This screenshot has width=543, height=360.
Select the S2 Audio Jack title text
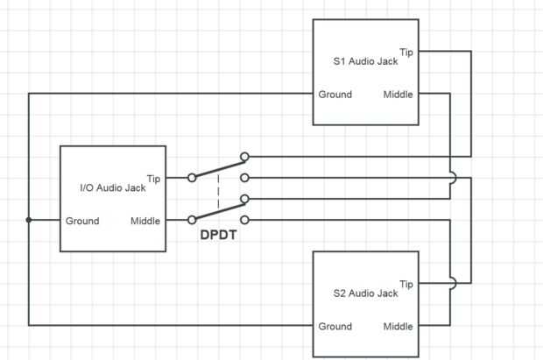[365, 293]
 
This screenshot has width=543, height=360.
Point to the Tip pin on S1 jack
[406, 52]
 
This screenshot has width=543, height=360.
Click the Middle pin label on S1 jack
[398, 95]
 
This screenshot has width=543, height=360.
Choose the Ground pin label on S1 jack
[335, 95]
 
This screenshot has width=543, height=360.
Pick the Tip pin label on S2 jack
[406, 284]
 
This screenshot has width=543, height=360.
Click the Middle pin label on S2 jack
[398, 327]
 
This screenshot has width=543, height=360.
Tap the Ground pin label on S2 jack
[335, 327]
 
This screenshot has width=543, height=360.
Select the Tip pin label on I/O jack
[153, 178]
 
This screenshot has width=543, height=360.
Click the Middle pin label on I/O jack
[145, 221]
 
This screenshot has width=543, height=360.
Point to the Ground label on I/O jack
[82, 221]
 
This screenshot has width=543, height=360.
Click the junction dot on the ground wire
[29, 220]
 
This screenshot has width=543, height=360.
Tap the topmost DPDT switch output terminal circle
[245, 157]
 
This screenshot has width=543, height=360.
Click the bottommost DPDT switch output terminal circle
[245, 220]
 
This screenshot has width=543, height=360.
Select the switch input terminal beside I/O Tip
[192, 178]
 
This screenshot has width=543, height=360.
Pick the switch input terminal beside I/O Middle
[192, 220]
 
